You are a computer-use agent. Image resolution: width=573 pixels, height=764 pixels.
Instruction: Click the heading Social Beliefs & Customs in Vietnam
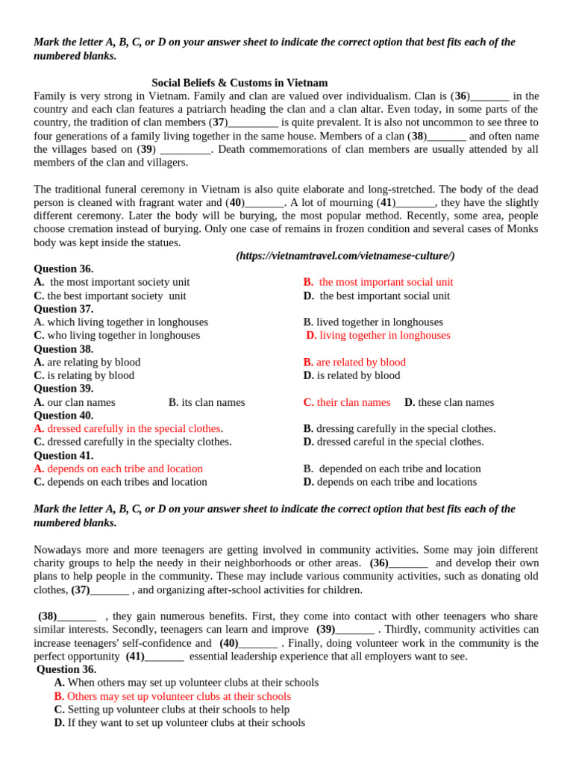click(239, 83)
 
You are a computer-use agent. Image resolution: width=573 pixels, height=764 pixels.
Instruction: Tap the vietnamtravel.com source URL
click(345, 256)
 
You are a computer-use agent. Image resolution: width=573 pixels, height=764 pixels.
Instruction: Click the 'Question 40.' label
click(63, 416)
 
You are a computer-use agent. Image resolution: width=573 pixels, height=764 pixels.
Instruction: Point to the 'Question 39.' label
click(63, 389)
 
